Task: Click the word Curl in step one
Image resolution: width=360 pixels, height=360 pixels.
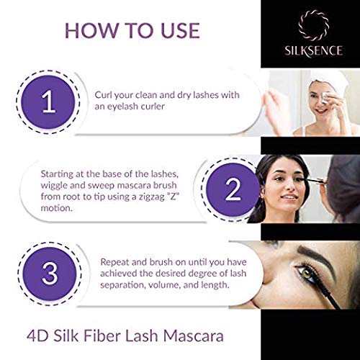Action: pos(105,95)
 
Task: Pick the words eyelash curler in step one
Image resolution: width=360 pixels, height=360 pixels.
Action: pos(140,108)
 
